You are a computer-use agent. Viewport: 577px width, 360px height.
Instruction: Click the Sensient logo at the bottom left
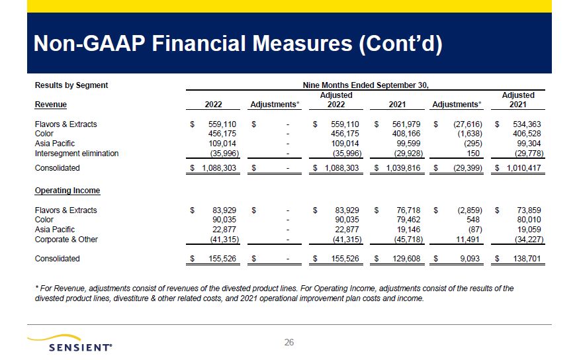pos(69,343)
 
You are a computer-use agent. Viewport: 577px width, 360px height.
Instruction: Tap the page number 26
pos(289,342)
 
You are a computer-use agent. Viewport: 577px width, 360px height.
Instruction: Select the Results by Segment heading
pos(71,85)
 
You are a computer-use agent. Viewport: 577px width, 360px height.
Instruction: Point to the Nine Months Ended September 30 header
pos(366,85)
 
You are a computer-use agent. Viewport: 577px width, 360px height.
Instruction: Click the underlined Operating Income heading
pos(67,191)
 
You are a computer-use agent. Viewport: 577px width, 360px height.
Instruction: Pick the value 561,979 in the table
pos(406,124)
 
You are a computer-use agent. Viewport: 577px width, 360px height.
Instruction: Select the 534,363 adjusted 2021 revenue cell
pos(527,124)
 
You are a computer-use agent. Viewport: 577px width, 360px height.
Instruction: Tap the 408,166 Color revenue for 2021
pos(406,134)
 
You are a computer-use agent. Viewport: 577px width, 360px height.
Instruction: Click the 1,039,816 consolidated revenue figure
pos(403,168)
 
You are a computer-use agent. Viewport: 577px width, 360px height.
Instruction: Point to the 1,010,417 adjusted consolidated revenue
pos(523,168)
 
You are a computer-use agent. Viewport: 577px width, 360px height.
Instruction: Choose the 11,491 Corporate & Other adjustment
pos(468,240)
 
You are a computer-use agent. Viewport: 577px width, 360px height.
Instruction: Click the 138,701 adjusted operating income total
pos(527,259)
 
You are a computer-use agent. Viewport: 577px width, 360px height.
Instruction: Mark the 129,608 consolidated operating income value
pos(406,259)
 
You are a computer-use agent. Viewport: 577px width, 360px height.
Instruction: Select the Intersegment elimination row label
pos(77,154)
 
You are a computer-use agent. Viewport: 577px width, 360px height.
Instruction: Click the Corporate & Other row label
pos(66,240)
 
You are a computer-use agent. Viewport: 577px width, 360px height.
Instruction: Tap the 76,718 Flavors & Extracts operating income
pos(408,210)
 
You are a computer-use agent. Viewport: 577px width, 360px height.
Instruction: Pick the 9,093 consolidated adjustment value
pos(470,259)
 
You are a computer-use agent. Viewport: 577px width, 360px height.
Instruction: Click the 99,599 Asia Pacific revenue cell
pos(408,144)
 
